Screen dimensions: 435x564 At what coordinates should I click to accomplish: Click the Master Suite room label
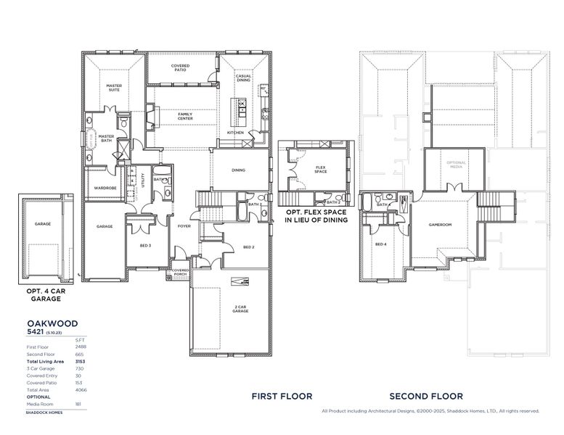114,88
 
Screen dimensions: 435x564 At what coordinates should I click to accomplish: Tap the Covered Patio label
181,68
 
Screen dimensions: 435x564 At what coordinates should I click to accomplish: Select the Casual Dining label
243,78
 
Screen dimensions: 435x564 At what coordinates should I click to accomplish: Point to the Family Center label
185,115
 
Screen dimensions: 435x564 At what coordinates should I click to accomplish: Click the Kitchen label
236,133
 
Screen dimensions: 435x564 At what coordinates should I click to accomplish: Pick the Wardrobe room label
101,188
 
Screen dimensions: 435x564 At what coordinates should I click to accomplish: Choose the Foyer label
184,226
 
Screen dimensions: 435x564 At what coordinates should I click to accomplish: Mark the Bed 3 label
145,246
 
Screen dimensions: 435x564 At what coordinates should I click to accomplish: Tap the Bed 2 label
248,247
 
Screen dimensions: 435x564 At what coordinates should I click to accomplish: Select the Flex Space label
321,170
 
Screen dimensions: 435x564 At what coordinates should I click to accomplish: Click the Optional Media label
455,164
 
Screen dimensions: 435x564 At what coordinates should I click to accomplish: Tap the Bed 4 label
380,244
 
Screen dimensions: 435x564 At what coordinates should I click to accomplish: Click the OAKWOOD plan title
52,323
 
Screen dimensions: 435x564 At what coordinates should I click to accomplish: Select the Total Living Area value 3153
81,361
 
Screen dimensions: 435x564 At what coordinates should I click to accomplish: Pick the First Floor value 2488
81,347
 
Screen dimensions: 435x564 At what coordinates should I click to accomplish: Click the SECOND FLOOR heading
426,397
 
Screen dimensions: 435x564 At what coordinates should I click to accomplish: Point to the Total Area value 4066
81,390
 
